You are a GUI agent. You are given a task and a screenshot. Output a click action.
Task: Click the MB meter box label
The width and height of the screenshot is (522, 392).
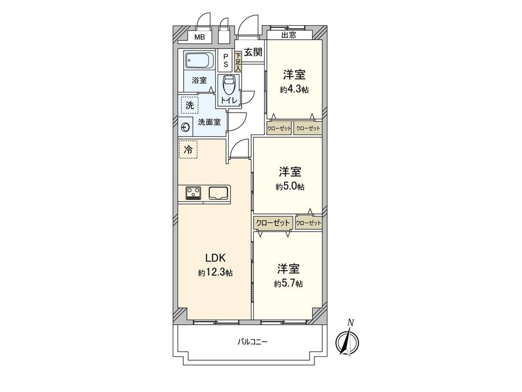point(199,37)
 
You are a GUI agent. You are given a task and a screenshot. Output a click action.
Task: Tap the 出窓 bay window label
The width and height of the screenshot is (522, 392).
point(289,35)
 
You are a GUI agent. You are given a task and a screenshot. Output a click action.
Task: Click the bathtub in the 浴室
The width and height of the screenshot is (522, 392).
point(199,62)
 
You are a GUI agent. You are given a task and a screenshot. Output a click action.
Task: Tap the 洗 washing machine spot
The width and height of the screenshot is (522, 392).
point(188,105)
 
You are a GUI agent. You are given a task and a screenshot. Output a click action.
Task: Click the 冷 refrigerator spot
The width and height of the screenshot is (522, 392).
point(188,149)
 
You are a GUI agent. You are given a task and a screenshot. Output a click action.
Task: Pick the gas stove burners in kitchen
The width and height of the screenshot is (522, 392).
point(194,193)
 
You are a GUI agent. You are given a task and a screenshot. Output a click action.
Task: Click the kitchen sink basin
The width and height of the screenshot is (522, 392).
point(218,193)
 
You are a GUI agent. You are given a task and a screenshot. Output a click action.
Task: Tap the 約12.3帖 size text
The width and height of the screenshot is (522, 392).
point(215,273)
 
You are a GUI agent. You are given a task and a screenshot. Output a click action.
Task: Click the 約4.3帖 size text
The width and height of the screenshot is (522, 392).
point(294,89)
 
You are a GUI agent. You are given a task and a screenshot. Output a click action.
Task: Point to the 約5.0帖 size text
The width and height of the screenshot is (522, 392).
point(290,187)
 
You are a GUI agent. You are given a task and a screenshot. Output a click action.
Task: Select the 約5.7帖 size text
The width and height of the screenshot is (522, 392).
point(289,284)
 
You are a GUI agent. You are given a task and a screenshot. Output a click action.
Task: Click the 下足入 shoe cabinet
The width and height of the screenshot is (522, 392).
point(238,62)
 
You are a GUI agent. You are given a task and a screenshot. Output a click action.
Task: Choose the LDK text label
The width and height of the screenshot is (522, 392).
point(215,258)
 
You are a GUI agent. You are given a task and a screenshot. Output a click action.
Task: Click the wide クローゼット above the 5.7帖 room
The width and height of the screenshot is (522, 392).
point(273,223)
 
